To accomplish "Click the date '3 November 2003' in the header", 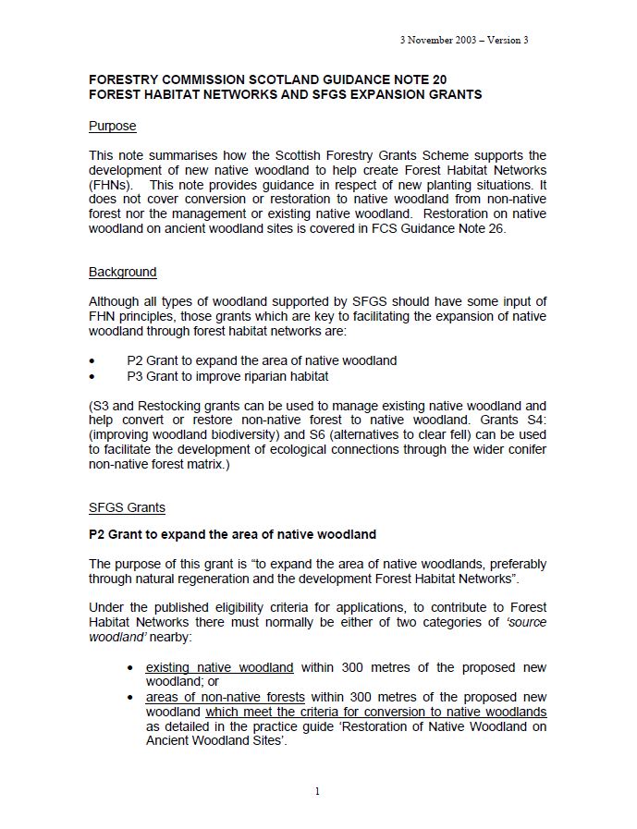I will pyautogui.click(x=432, y=41).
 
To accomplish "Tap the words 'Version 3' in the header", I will pyautogui.click(x=506, y=41).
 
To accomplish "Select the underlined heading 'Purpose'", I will pyautogui.click(x=112, y=126).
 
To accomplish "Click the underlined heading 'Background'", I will pyautogui.click(x=122, y=272).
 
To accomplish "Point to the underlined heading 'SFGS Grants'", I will pyautogui.click(x=127, y=507).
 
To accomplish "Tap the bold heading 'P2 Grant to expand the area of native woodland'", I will pyautogui.click(x=232, y=534).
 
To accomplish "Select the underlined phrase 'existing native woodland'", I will pyautogui.click(x=219, y=666).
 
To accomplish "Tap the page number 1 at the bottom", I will pyautogui.click(x=317, y=791).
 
